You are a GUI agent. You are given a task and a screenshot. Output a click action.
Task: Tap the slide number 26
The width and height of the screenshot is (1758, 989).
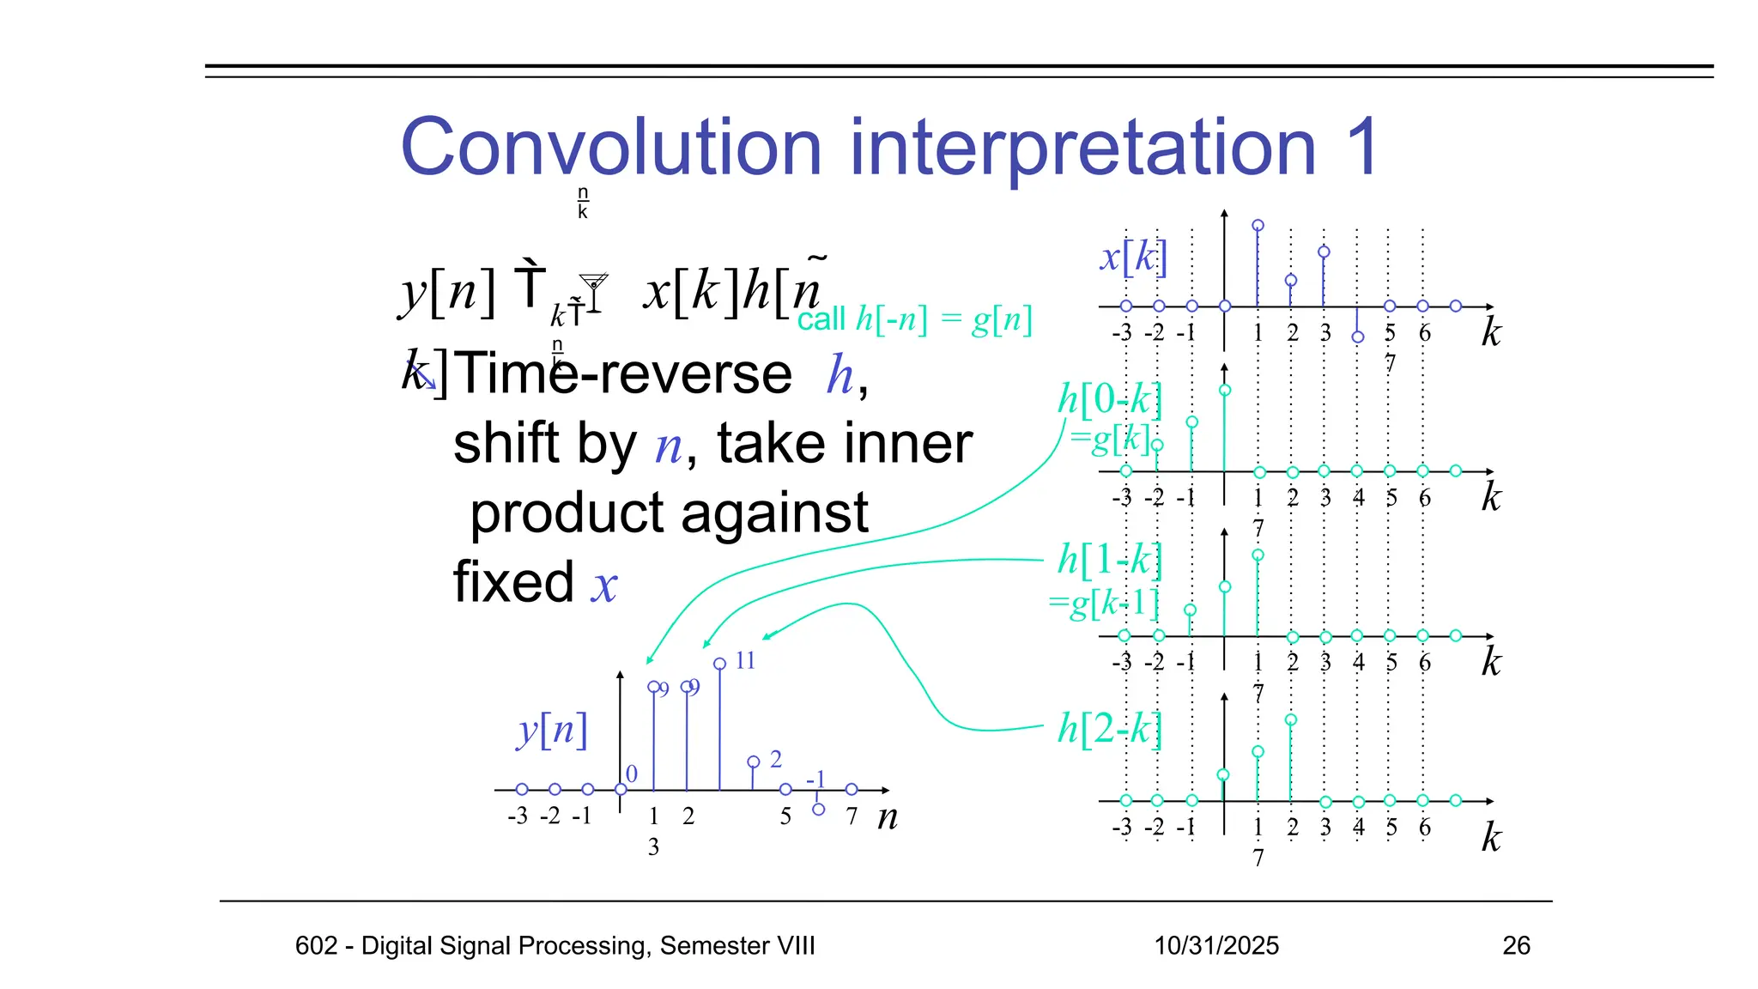coord(1516,945)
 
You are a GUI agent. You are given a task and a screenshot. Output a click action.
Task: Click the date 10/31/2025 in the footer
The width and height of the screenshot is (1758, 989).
coord(1215,945)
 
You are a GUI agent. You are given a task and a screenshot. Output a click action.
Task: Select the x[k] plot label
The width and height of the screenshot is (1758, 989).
coord(1133,257)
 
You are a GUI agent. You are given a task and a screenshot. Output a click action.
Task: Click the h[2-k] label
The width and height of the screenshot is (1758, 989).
coord(1109,728)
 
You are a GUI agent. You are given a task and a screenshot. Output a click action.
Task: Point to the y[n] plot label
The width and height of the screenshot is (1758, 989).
coord(552,730)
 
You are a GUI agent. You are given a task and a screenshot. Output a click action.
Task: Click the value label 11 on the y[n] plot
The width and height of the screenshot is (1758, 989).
coord(745,660)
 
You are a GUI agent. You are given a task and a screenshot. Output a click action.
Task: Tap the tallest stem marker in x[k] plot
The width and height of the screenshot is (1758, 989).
coord(1258,226)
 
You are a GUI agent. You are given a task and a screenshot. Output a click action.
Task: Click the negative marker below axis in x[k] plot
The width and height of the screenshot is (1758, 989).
coord(1357,337)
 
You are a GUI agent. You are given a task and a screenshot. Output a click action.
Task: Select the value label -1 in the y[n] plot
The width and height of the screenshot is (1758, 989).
coord(815,779)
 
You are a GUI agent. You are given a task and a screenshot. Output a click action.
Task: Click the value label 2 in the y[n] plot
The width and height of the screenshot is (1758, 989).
coord(775,759)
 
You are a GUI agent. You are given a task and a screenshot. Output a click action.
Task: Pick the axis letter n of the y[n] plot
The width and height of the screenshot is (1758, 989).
coord(888,816)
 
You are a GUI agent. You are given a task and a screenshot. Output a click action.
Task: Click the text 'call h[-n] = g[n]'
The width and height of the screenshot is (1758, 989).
coord(914,320)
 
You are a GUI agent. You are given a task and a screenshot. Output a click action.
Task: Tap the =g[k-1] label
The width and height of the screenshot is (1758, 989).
coord(1104,603)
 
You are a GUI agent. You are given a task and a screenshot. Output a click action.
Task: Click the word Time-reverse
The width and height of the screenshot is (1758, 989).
coord(623,374)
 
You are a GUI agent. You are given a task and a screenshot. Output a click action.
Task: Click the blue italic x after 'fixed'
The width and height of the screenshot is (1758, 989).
coord(604,586)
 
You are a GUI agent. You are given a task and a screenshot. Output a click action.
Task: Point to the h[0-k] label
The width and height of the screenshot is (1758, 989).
coord(1109,399)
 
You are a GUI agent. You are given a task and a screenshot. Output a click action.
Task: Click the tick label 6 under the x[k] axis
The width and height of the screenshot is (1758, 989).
coord(1424,333)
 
